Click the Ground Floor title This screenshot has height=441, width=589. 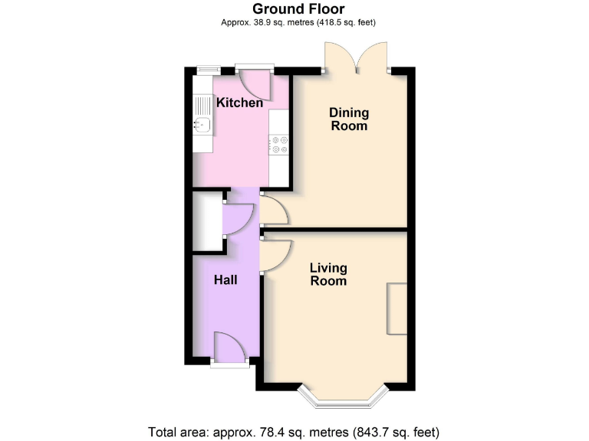pyautogui.click(x=299, y=9)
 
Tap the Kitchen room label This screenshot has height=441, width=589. pyautogui.click(x=239, y=103)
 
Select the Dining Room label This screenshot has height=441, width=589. pyautogui.click(x=349, y=119)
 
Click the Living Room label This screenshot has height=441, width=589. pyautogui.click(x=328, y=274)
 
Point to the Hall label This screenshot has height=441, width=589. pyautogui.click(x=225, y=280)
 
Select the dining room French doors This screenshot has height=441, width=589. pyautogui.click(x=356, y=57)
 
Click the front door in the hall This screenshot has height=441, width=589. pyautogui.click(x=230, y=349)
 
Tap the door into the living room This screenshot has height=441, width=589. pyautogui.click(x=275, y=254)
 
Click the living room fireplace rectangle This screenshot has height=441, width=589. pyautogui.click(x=397, y=309)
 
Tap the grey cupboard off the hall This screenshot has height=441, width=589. pyautogui.click(x=205, y=223)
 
